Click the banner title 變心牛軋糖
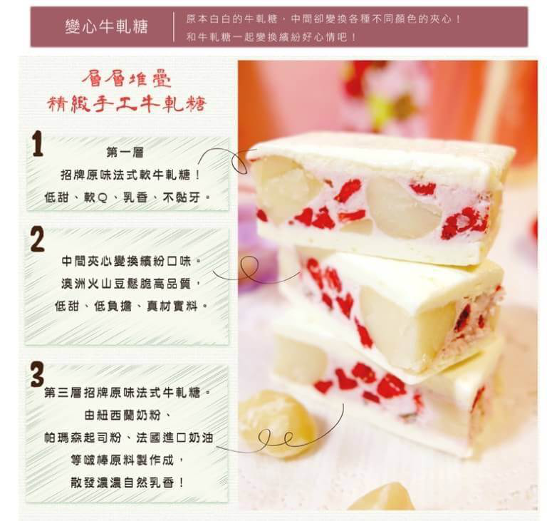click(107, 26)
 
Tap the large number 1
click(37, 143)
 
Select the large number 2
click(37, 239)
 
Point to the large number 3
click(37, 374)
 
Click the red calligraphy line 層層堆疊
click(126, 78)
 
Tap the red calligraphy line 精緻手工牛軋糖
click(127, 103)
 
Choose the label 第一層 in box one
click(125, 153)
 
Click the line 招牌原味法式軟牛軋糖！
click(131, 175)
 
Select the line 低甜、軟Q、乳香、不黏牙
click(127, 197)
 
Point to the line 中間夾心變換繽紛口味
click(131, 261)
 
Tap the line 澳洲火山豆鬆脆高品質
click(131, 284)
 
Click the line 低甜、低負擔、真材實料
click(131, 306)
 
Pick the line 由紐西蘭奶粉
click(127, 416)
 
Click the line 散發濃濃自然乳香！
click(127, 483)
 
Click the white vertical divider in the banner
click(173, 27)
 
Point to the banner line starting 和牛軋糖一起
click(271, 36)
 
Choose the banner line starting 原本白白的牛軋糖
click(323, 19)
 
